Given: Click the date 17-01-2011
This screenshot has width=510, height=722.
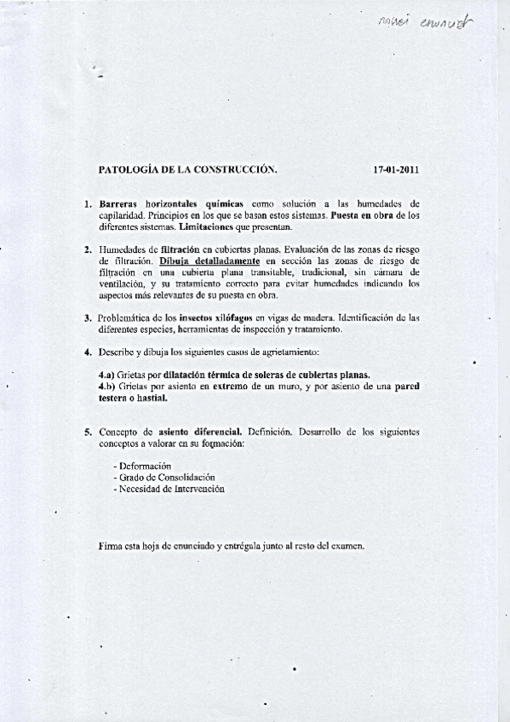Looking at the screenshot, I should pyautogui.click(x=396, y=169).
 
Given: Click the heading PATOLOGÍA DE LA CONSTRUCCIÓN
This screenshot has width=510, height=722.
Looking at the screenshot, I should pyautogui.click(x=188, y=169).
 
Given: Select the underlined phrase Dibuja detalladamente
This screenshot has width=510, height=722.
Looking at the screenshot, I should pyautogui.click(x=209, y=261).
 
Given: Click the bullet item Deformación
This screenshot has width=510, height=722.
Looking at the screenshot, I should pyautogui.click(x=142, y=467).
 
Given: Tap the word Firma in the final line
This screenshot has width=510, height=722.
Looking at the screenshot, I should pyautogui.click(x=111, y=546).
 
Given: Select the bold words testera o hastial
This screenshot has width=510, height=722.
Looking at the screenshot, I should pyautogui.click(x=133, y=398).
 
